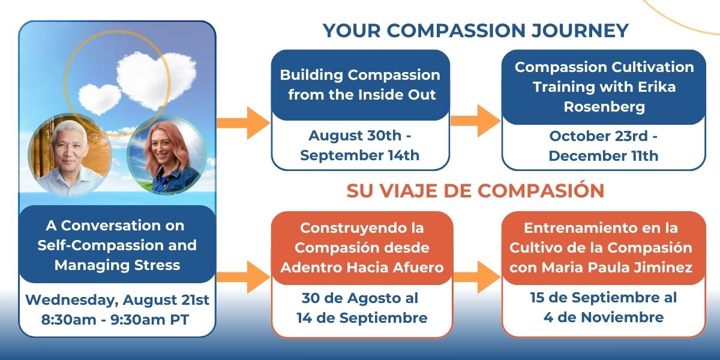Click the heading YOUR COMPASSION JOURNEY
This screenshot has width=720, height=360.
pos(475,30)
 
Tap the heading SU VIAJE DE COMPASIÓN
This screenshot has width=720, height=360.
pos(475,190)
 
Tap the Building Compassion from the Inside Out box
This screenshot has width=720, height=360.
pos(360,85)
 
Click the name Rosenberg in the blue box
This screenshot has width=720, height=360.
pos(603,106)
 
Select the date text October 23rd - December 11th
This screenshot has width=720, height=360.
pos(603,145)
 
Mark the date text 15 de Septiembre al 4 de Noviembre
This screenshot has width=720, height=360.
pos(603,307)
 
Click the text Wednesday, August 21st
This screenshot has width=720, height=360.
pos(117,299)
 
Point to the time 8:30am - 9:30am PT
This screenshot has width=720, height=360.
pos(117,319)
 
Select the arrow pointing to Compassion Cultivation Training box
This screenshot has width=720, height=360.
pos(475,122)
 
